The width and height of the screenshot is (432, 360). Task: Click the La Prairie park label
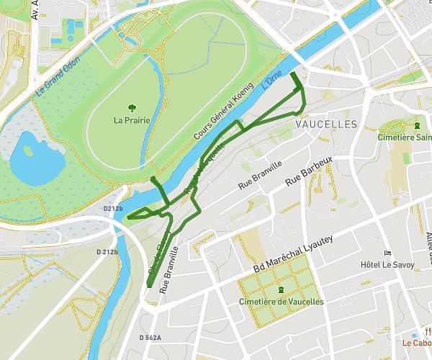[x=132, y=120]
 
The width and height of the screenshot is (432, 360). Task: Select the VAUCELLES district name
[x=326, y=125]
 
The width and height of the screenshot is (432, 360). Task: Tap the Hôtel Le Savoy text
[x=387, y=265]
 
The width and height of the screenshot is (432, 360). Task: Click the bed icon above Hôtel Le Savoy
[x=387, y=253]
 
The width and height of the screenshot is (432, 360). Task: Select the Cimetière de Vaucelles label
[x=281, y=301]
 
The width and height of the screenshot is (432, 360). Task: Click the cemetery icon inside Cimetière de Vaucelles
[x=280, y=289]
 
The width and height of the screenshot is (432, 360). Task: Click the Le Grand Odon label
[x=60, y=74]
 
